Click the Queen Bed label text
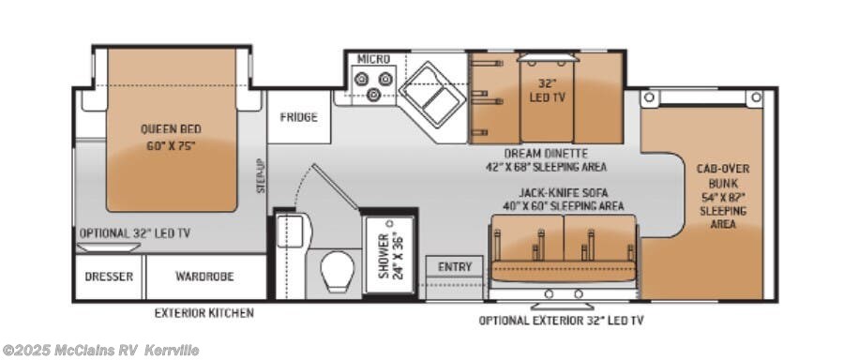click(171, 137)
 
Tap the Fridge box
click(298, 117)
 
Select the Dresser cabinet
click(109, 277)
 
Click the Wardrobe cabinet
click(203, 277)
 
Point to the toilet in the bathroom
click(335, 271)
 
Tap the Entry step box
click(455, 267)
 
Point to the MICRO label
click(373, 59)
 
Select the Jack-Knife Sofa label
click(561, 199)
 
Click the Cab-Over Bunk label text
click(722, 197)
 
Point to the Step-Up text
click(262, 175)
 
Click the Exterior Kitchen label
click(203, 313)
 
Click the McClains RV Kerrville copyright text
click(101, 351)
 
